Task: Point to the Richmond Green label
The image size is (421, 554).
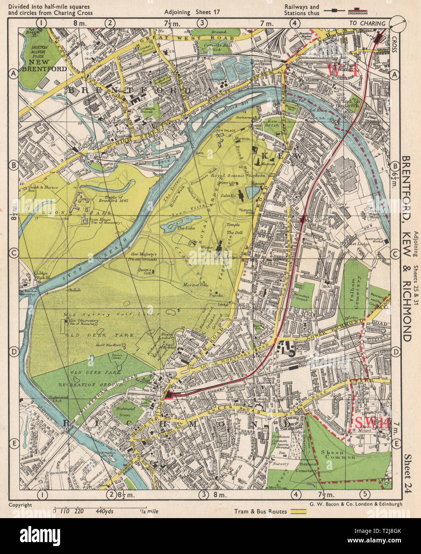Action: [127, 411]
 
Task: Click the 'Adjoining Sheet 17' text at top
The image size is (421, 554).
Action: [192, 12]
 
